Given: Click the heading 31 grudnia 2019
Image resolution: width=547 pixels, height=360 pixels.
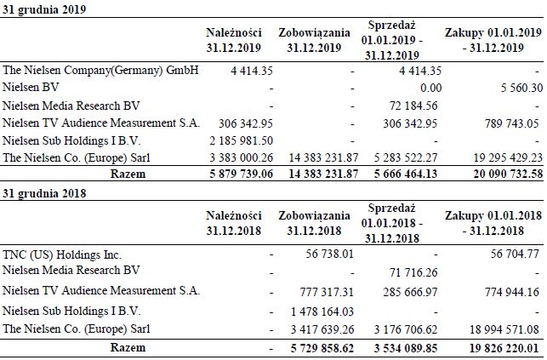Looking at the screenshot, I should click(x=38, y=9).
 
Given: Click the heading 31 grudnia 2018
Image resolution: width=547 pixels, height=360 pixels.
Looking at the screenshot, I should click(x=38, y=193).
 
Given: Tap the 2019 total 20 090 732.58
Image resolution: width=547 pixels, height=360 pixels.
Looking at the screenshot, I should click(x=494, y=174).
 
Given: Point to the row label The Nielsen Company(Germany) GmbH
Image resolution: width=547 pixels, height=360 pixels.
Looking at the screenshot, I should click(x=100, y=70).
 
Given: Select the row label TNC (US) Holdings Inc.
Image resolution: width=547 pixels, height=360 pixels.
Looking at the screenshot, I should click(x=62, y=254).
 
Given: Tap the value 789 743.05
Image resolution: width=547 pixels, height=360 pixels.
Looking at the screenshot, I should click(x=509, y=123).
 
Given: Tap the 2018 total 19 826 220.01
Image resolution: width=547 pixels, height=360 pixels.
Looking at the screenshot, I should click(x=494, y=347).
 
